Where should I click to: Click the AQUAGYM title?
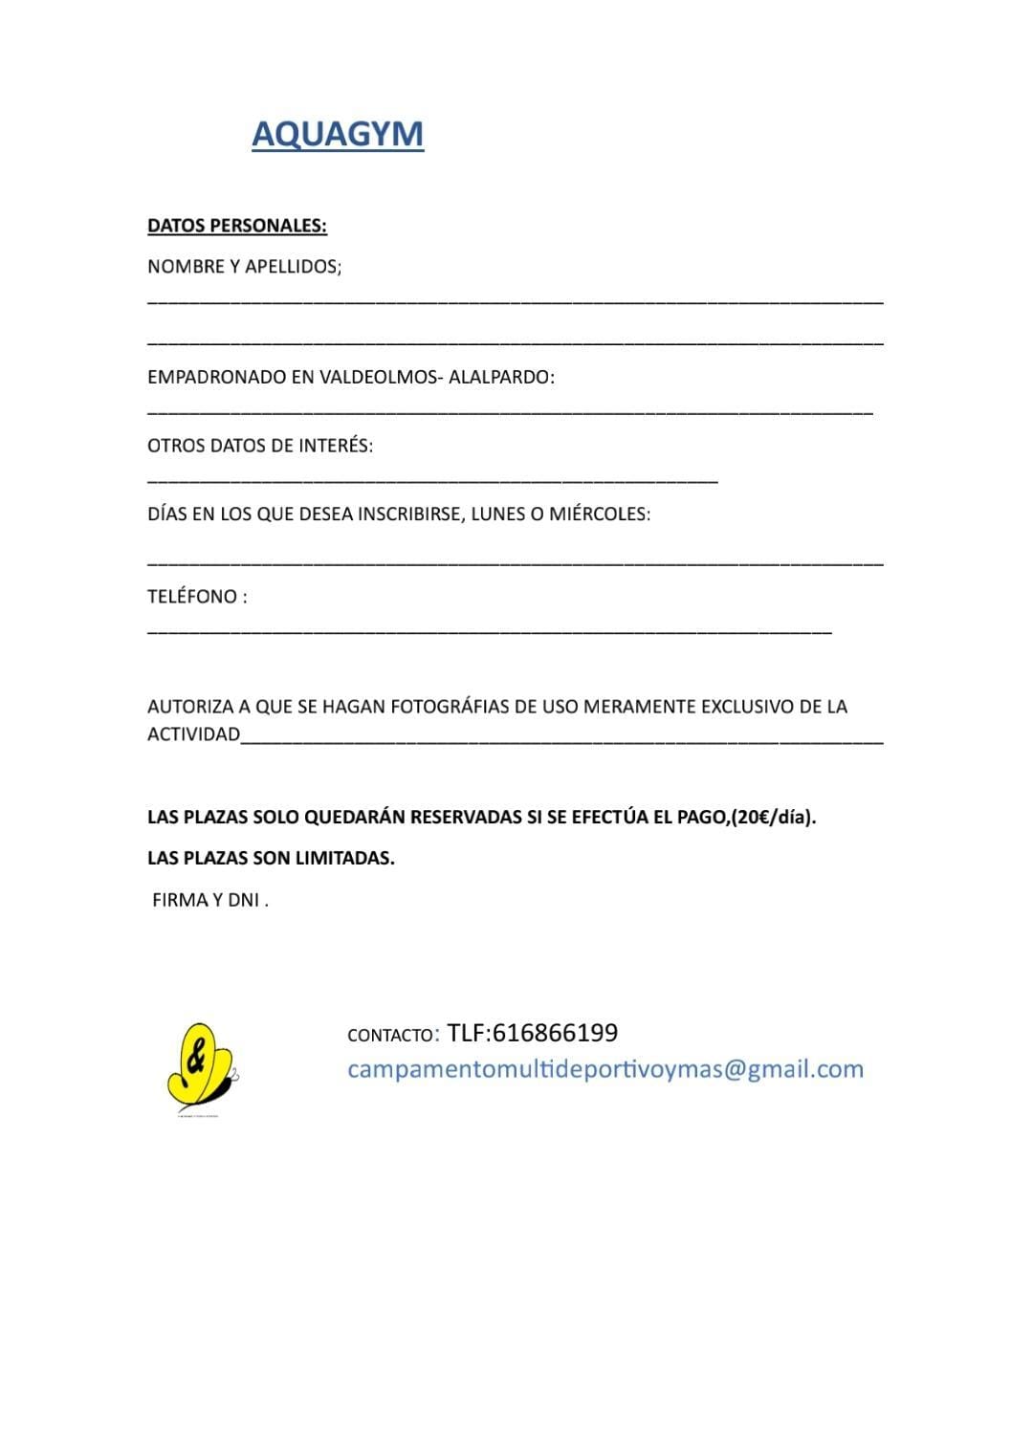coord(337,134)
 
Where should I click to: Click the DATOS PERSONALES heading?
coord(236,226)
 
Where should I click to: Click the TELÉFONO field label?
coord(196,596)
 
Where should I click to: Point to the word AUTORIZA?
coord(190,707)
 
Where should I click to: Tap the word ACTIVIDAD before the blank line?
coord(193,734)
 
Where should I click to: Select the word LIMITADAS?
coord(345,858)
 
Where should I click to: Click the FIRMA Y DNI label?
coord(209,900)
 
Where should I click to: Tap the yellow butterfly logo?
coord(199,1064)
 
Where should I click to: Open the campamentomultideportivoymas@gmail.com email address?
coord(604,1069)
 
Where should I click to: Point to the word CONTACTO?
coord(390,1036)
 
